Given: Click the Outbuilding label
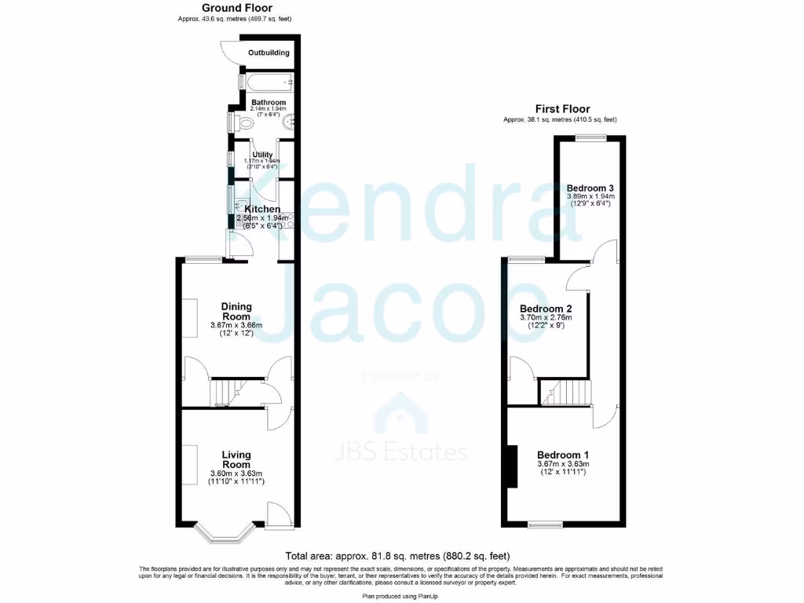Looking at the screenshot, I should (269, 53).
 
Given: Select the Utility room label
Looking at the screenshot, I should (261, 155).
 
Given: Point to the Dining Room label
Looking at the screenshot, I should (236, 311).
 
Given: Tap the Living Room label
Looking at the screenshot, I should (236, 459).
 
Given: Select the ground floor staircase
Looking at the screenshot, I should (228, 392).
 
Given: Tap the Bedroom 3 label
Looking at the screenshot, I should (590, 188).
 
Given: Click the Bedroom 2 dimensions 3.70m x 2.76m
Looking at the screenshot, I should (546, 318).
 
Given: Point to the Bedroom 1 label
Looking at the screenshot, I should (562, 455).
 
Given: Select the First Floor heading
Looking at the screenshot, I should (562, 109).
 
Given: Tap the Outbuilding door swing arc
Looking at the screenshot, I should (228, 51).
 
